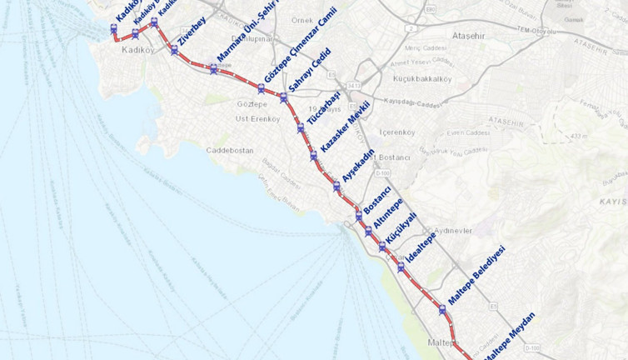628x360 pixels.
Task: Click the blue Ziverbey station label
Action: (x=192, y=30)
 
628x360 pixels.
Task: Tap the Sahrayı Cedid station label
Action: (x=309, y=70)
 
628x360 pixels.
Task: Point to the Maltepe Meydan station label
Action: (x=509, y=335)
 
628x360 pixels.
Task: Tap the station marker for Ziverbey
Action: (x=174, y=50)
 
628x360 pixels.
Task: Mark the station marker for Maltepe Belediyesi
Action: (x=442, y=309)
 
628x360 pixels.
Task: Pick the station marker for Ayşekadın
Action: (x=336, y=187)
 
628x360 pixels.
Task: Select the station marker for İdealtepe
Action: (x=401, y=267)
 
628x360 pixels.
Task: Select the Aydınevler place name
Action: (x=452, y=230)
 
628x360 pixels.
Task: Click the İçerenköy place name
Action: (x=396, y=132)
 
